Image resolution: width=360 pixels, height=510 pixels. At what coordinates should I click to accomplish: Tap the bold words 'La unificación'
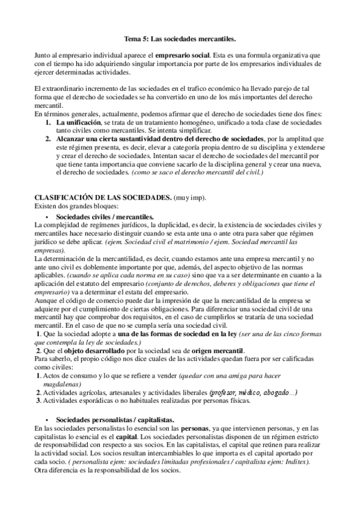click(x=75, y=121)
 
